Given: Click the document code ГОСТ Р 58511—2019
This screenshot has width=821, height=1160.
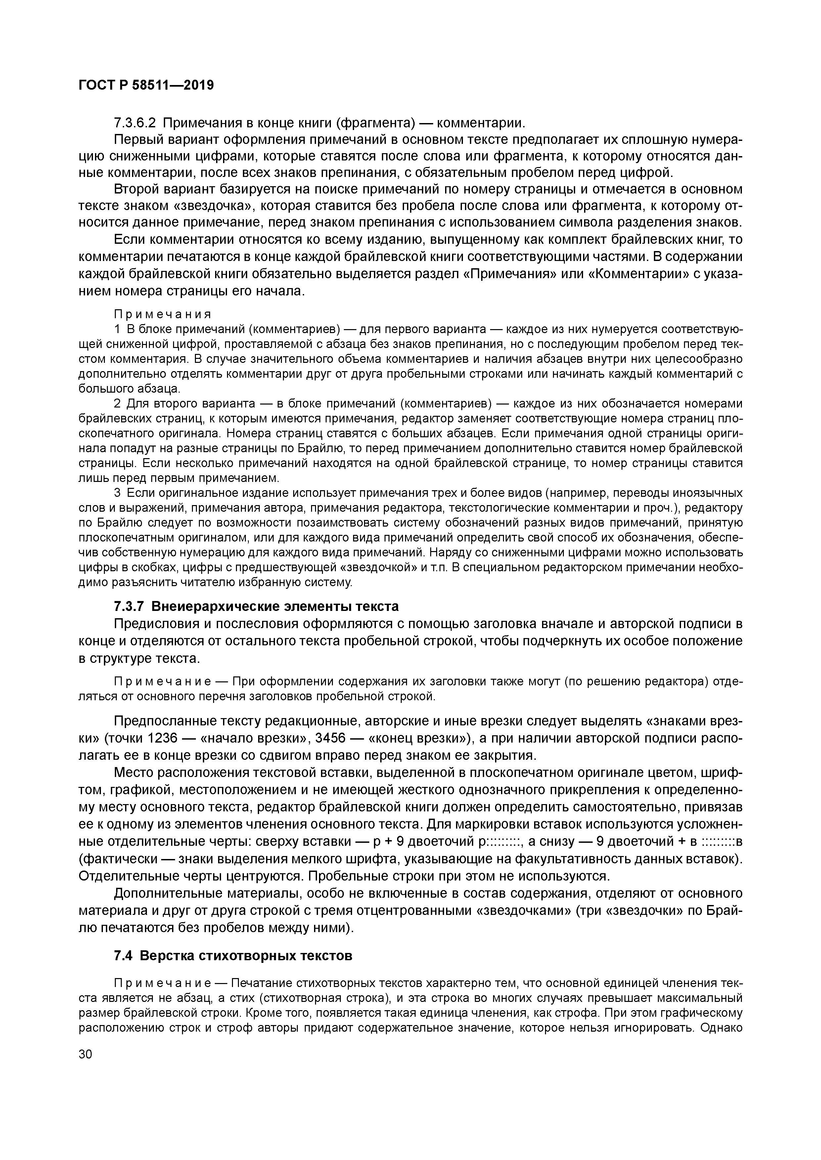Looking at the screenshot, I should (146, 85).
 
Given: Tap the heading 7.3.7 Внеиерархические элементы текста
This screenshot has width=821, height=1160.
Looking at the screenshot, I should (256, 606).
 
